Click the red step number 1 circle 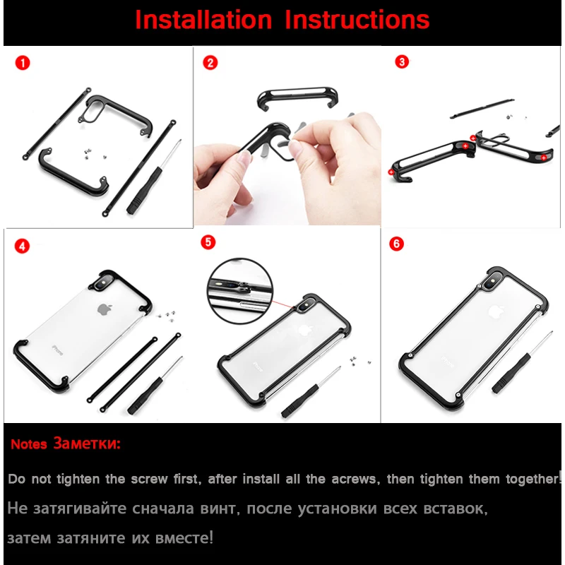tap(23, 63)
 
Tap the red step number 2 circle tap(210, 63)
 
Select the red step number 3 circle tap(402, 61)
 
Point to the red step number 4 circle tap(22, 246)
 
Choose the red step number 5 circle tap(208, 242)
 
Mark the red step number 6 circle tap(396, 244)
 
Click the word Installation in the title tap(203, 20)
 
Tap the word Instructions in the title tap(357, 20)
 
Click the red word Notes tap(29, 444)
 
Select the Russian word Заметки tap(87, 443)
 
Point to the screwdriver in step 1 tap(154, 177)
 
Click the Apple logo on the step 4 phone tap(105, 309)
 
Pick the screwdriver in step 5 tap(311, 392)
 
